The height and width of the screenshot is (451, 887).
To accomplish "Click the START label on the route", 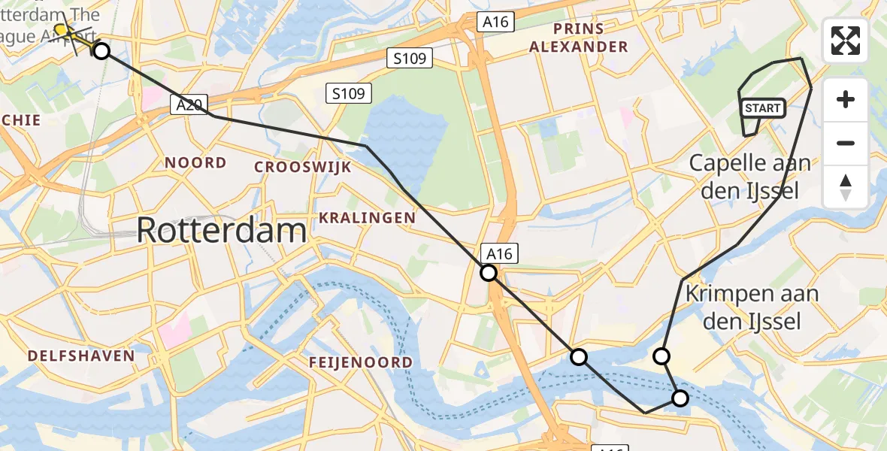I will click(x=763, y=108).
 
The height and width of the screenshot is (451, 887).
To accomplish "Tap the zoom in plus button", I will click(x=846, y=100).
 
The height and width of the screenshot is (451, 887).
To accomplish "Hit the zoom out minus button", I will click(x=846, y=144).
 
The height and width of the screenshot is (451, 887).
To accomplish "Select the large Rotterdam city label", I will click(x=222, y=230).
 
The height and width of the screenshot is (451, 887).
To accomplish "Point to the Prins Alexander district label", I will click(x=578, y=38).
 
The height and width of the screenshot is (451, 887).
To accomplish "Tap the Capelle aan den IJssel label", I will click(x=749, y=177).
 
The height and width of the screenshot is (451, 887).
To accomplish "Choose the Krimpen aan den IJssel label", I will click(x=741, y=307).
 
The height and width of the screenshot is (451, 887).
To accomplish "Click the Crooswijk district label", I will click(x=303, y=167).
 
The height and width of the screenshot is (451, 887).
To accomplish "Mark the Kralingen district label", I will click(x=367, y=218).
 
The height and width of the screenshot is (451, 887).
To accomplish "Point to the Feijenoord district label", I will click(x=361, y=363).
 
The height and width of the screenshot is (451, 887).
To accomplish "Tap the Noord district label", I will click(x=195, y=163).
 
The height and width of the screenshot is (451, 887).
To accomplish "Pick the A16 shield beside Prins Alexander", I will click(x=495, y=23).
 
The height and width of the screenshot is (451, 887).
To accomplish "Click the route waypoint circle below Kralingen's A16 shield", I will click(x=489, y=273).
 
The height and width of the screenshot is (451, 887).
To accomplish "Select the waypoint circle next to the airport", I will click(x=101, y=50).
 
